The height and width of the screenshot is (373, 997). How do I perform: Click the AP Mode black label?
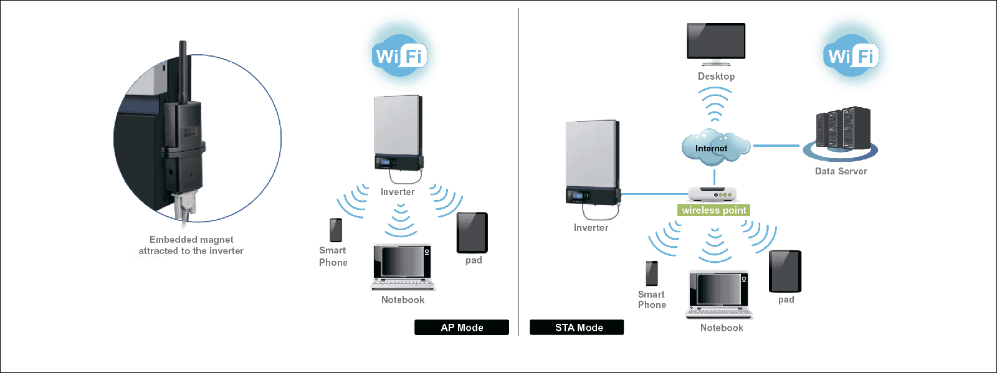tap(462, 328)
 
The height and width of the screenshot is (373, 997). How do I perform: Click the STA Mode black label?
tap(577, 328)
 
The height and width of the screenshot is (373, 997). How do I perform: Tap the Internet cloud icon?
tap(713, 147)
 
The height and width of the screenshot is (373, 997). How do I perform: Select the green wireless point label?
tap(713, 210)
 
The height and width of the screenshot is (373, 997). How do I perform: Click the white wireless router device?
tap(713, 194)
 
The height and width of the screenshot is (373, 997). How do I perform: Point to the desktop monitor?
tap(716, 42)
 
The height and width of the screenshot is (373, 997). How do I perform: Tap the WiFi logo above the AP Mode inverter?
tap(399, 56)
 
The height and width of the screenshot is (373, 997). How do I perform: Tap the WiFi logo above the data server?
tap(851, 56)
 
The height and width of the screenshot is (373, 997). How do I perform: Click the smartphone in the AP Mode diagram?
tap(336, 230)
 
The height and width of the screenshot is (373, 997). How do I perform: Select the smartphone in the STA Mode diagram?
tap(652, 273)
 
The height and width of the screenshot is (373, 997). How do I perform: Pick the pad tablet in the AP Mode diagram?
tap(472, 232)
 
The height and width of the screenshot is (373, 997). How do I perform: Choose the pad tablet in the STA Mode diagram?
tap(785, 271)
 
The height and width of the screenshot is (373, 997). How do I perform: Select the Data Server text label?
tap(841, 171)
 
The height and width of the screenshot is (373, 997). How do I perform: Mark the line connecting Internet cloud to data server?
tap(776, 146)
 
